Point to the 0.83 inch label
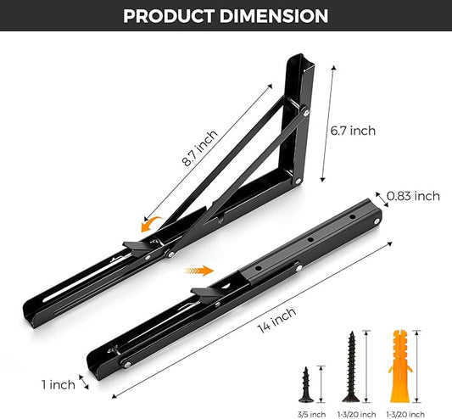click(413, 196)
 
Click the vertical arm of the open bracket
click(305, 119)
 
